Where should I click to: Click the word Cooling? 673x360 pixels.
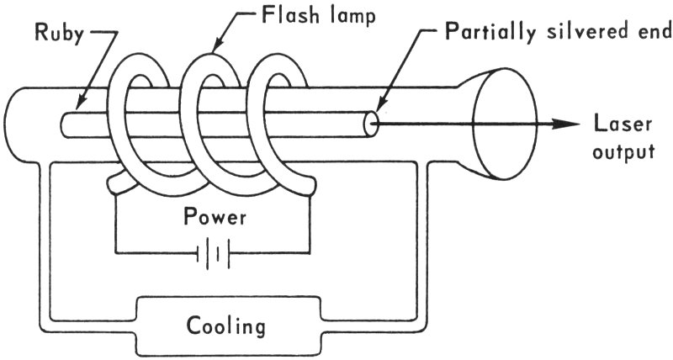point(225,325)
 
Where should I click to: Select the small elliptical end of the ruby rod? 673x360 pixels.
point(369,124)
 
